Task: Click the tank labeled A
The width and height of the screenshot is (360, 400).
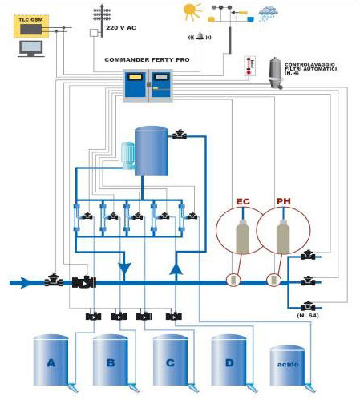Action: coord(51,360)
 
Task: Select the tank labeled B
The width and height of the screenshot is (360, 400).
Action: coord(110,360)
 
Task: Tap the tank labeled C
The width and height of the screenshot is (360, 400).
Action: coord(170,360)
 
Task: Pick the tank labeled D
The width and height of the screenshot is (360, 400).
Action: coord(229,360)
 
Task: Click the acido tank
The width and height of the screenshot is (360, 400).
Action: coord(287,365)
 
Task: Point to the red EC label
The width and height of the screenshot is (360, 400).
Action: coord(243,201)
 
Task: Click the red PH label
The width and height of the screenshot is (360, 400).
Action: coord(283,201)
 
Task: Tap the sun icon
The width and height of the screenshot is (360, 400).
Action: coord(192,11)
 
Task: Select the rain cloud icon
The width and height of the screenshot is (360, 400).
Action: coord(269,14)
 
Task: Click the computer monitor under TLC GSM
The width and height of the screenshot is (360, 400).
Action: coord(31,49)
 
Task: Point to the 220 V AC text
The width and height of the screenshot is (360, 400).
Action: coord(121,28)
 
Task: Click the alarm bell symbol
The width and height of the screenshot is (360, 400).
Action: coord(200,36)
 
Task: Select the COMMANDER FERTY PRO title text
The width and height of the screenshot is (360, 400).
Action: coord(147,59)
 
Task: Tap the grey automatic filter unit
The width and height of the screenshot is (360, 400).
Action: coord(276,73)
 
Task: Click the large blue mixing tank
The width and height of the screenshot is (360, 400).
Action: coord(152,151)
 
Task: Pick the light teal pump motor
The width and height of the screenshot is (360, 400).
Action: coord(128,156)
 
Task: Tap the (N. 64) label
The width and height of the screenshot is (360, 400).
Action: coord(308,316)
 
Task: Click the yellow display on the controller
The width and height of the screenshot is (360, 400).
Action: coord(135,77)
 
